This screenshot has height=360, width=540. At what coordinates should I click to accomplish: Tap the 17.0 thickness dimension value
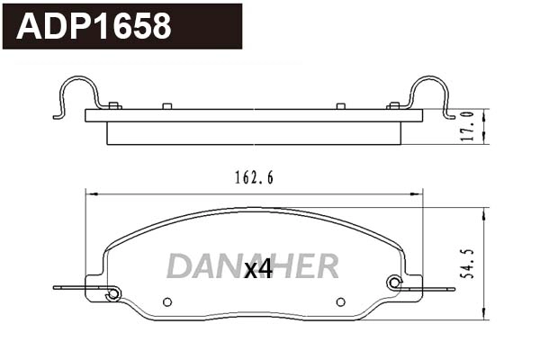point(468,127)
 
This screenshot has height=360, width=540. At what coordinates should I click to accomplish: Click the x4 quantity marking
point(258,268)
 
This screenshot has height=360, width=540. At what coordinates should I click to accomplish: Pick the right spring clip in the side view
point(430,94)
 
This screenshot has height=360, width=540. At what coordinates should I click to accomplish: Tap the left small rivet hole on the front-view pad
point(166,301)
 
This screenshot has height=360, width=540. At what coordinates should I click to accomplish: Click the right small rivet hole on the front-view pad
point(340,301)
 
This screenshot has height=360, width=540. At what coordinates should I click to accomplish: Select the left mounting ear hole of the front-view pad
point(112,293)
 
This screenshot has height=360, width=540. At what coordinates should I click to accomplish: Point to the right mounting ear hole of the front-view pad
point(393,283)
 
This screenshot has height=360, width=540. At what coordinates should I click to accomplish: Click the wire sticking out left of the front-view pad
point(72,288)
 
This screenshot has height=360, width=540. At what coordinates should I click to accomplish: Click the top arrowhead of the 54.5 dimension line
point(486,212)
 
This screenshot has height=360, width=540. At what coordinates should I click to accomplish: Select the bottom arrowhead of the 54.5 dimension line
point(486,317)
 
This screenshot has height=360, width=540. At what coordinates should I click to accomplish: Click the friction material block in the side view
point(254,132)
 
